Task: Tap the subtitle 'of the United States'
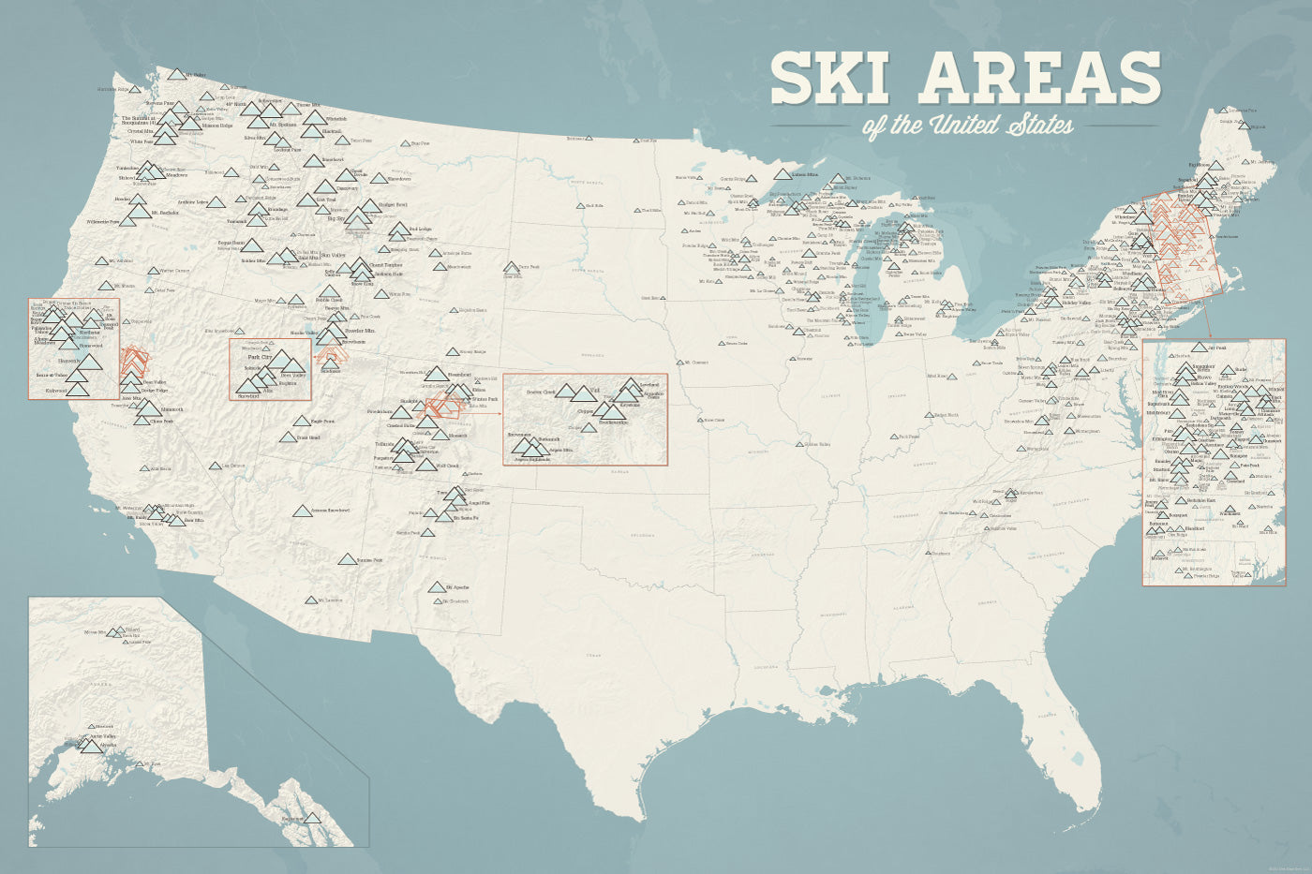[968, 125]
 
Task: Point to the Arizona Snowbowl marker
[302, 511]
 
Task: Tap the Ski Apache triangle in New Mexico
[437, 587]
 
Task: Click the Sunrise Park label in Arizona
[369, 560]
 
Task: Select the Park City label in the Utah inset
[260, 357]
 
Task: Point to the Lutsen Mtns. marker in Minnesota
[783, 174]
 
